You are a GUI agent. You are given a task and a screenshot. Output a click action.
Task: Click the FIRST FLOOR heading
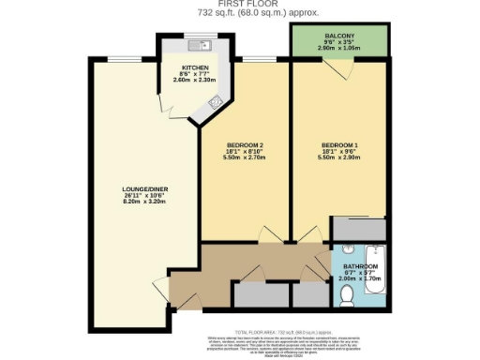[x=239, y=5]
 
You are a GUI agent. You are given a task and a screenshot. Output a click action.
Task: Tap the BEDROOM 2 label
[x=244, y=143]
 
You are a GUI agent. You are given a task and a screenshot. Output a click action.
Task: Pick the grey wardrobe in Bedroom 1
[x=359, y=229]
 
